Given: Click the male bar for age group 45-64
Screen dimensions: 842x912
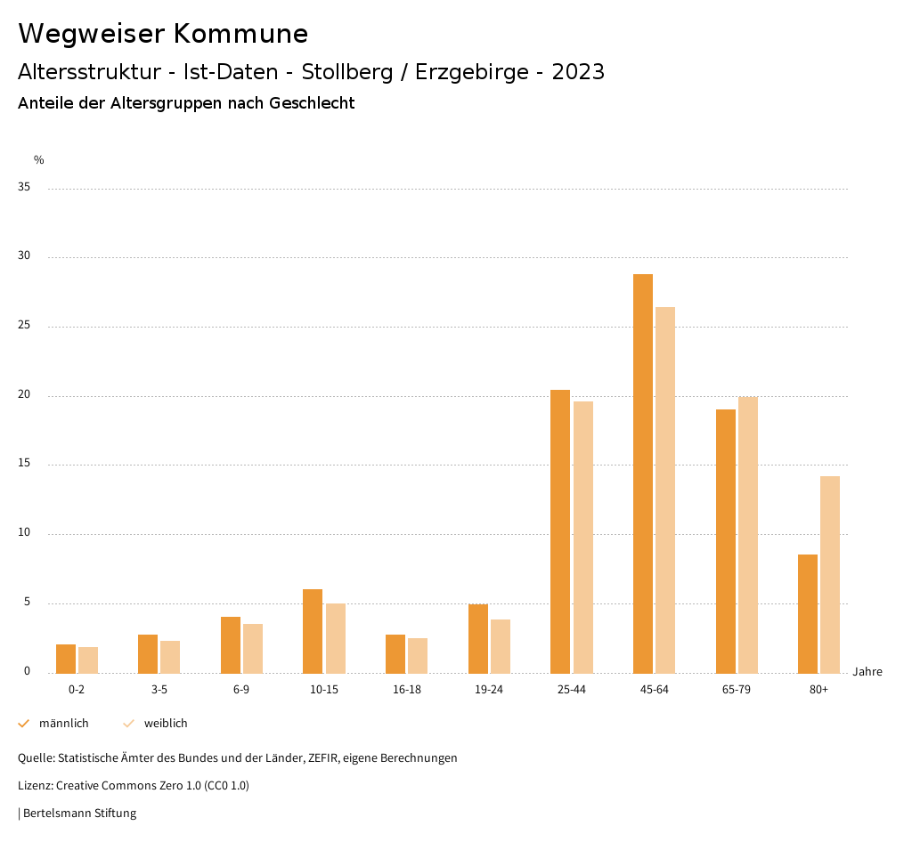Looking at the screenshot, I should pyautogui.click(x=643, y=474).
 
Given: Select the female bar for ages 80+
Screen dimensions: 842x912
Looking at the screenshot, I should pyautogui.click(x=830, y=574).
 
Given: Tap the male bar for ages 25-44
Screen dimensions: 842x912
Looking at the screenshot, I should pyautogui.click(x=560, y=531).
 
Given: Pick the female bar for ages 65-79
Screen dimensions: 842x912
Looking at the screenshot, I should pyautogui.click(x=748, y=534).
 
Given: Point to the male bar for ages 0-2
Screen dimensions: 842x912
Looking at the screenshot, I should pyautogui.click(x=66, y=659).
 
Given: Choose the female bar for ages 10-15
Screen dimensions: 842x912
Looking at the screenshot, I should pyautogui.click(x=335, y=638).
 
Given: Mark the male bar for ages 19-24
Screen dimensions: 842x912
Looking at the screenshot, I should pyautogui.click(x=478, y=639).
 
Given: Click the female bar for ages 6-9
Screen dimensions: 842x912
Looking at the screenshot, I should pyautogui.click(x=253, y=648).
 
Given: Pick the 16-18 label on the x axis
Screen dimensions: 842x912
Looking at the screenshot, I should pyautogui.click(x=407, y=690).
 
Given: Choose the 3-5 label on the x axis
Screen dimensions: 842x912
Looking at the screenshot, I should pyautogui.click(x=159, y=690).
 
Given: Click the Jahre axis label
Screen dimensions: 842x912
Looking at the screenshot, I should pyautogui.click(x=867, y=672).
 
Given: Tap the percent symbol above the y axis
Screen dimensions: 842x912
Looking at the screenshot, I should pyautogui.click(x=39, y=160).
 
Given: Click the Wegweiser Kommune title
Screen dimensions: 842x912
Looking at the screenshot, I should pyautogui.click(x=163, y=34).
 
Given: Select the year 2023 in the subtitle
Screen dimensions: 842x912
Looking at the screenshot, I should pyautogui.click(x=578, y=72).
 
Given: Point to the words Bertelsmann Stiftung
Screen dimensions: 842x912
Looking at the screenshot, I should pyautogui.click(x=79, y=813).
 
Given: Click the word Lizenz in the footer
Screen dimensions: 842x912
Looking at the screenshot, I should pyautogui.click(x=35, y=785).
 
